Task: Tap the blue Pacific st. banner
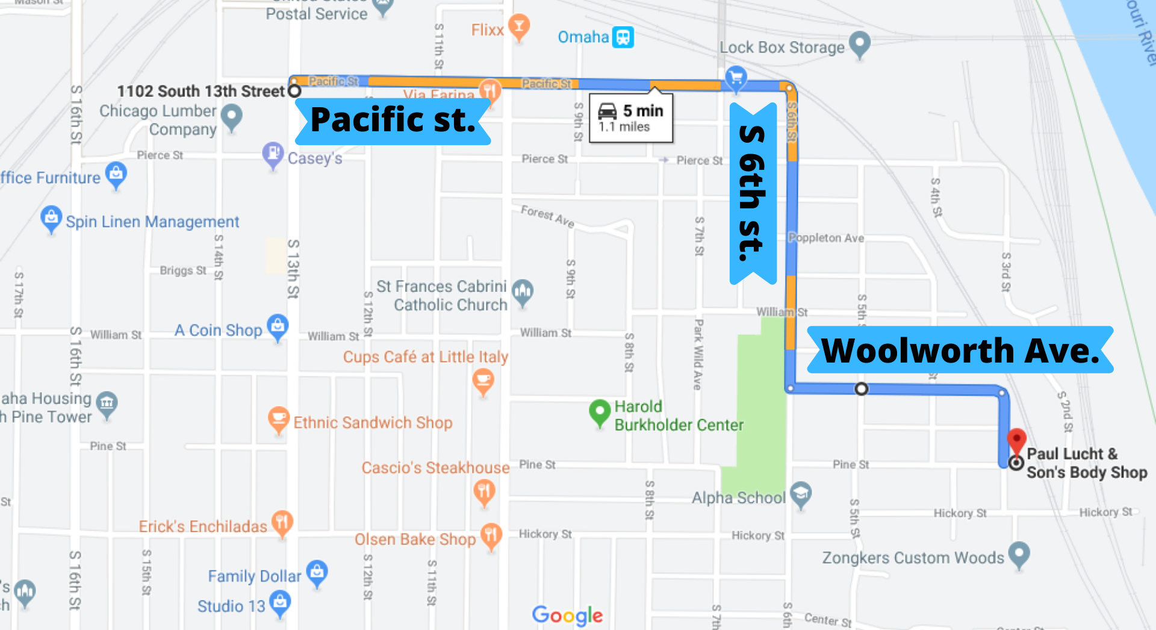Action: coord(393,121)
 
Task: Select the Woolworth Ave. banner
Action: coord(960,350)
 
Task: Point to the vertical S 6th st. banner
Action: coord(753,193)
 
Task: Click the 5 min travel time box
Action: coord(630,118)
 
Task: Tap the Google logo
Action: coord(567,615)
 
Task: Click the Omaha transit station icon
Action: coord(623,37)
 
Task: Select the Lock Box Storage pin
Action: coord(859,44)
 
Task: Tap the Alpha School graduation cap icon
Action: coord(801,494)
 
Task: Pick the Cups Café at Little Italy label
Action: coord(426,357)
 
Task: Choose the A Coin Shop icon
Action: coord(278,326)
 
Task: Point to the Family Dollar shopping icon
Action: coord(317,573)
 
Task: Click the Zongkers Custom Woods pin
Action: coord(1019,554)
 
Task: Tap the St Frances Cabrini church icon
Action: coord(523,292)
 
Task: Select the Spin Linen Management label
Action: coord(152,222)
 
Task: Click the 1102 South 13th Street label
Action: coord(200,92)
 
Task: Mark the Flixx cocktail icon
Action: coord(518,27)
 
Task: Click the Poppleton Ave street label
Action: coord(827,238)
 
